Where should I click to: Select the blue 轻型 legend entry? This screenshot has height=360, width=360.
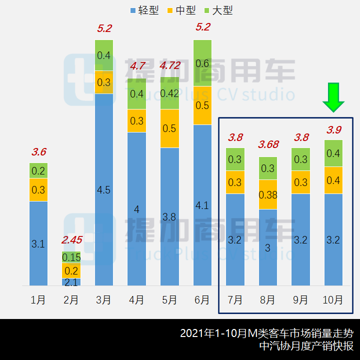(144, 10)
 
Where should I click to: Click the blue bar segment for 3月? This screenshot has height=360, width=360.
(104, 189)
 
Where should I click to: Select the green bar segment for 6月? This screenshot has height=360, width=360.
(202, 63)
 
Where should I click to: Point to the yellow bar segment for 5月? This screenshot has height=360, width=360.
(169, 128)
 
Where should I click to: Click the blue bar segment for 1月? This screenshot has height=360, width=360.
(38, 243)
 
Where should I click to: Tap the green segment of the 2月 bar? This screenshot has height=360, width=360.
(71, 257)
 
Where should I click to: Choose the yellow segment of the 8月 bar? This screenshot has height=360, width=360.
(267, 194)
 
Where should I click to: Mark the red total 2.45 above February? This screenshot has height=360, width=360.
(71, 240)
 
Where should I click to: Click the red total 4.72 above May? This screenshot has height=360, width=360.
(169, 65)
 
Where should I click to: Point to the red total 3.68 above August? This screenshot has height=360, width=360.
(267, 145)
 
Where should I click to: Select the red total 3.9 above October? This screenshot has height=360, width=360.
(333, 129)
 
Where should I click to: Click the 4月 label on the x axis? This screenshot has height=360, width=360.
(136, 300)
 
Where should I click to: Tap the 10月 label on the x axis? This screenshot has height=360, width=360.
(333, 300)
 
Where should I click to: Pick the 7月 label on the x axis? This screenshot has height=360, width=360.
(235, 300)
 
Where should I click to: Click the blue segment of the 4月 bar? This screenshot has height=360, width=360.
(136, 209)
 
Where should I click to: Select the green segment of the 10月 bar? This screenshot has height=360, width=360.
(333, 153)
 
